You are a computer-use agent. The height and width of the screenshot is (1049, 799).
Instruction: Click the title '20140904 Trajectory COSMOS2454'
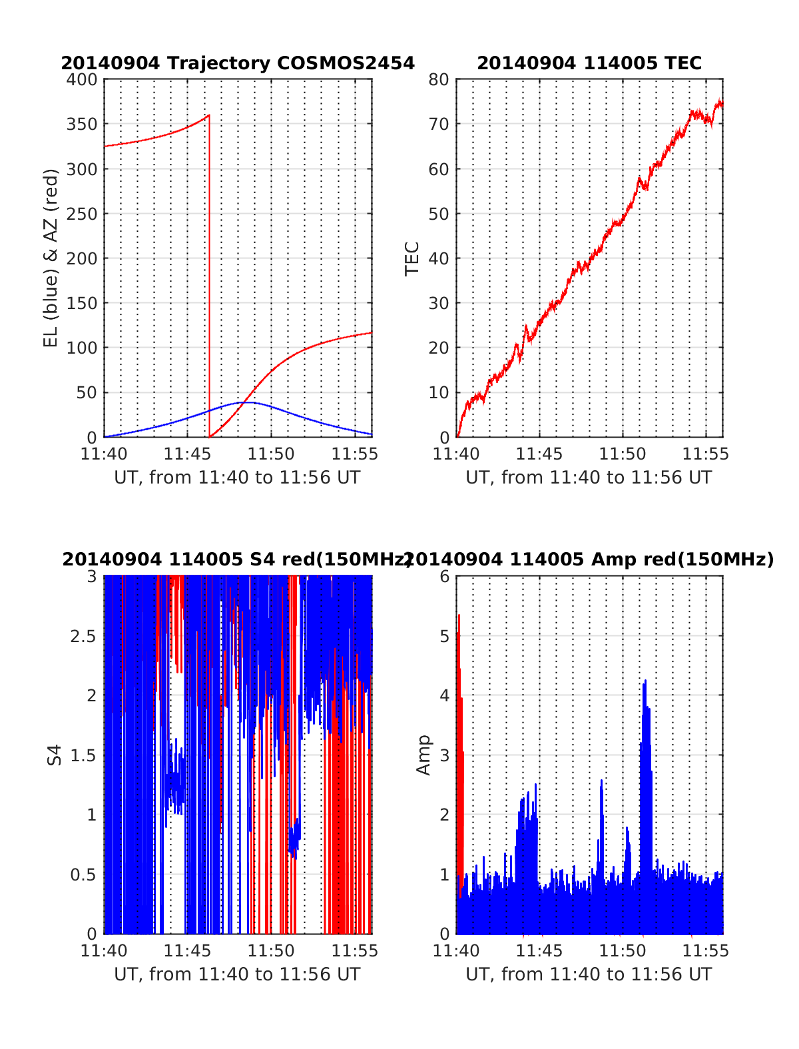[238, 63]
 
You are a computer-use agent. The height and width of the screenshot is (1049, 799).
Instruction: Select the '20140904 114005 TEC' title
[589, 63]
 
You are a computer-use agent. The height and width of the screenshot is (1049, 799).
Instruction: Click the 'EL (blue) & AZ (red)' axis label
[51, 258]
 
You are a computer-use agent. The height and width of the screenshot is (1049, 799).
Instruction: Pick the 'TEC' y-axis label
[412, 258]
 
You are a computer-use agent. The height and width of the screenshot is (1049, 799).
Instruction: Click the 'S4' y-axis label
[55, 755]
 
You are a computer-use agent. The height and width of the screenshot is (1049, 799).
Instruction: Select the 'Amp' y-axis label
[423, 755]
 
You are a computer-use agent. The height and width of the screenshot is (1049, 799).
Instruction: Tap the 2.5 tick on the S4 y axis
[84, 636]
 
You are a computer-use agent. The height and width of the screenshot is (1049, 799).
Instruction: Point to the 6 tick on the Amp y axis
[445, 577]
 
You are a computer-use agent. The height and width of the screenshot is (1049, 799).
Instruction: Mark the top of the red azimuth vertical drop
[209, 115]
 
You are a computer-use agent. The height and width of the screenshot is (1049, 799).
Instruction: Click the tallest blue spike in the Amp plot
[645, 681]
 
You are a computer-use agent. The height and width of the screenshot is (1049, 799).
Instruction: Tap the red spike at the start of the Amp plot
[459, 615]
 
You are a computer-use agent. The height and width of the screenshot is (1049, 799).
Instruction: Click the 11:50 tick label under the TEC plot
[623, 454]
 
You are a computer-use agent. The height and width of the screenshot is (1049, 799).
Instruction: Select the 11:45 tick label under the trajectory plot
[186, 454]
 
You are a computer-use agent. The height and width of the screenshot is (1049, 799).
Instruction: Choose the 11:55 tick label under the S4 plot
[355, 950]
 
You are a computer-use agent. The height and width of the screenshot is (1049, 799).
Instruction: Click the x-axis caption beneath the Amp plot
[589, 974]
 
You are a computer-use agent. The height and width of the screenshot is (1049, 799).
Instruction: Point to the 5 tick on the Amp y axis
[445, 636]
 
